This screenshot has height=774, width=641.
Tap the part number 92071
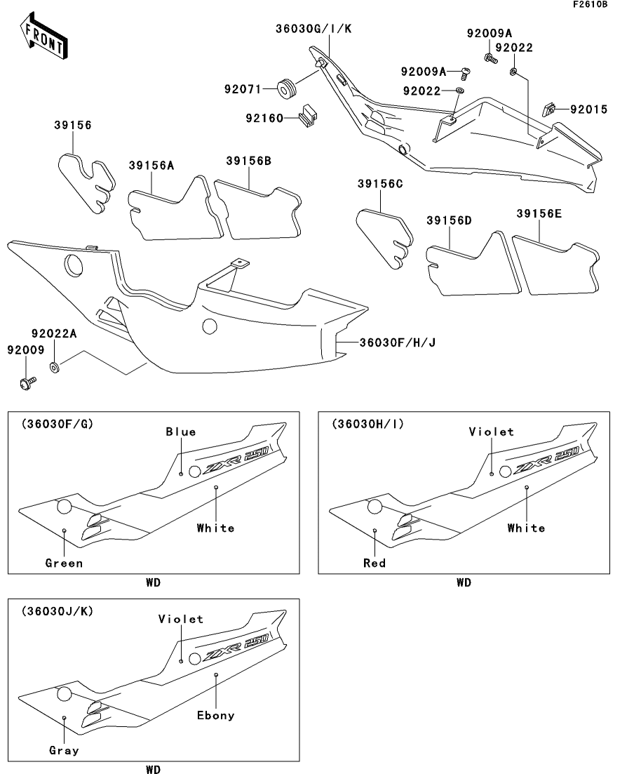point(243,89)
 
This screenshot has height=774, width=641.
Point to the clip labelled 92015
point(550,109)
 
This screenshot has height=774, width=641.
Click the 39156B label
point(248,161)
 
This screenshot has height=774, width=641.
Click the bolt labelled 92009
point(28,383)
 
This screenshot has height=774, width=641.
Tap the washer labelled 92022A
point(55,367)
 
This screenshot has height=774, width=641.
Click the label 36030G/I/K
point(313,29)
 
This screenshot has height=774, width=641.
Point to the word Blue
point(181,432)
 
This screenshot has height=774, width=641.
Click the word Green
point(64,563)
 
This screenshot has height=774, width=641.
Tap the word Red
point(375,563)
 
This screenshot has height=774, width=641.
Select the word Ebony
point(215,716)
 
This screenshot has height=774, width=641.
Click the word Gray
point(64,750)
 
